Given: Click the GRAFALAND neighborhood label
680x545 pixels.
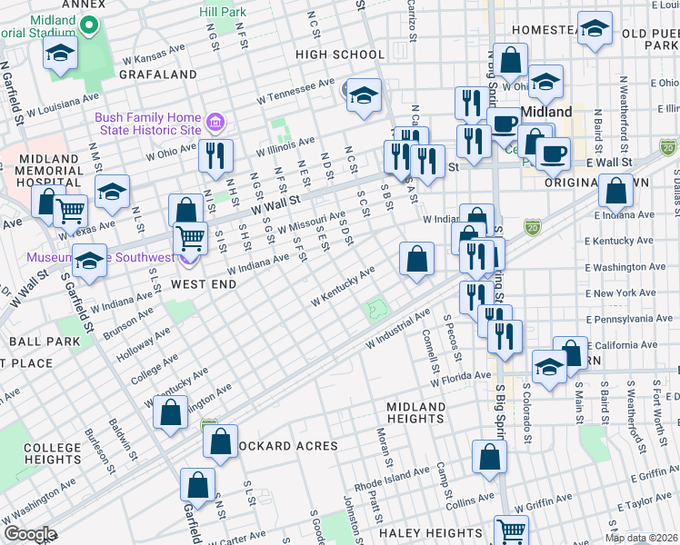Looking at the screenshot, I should tap(156, 74).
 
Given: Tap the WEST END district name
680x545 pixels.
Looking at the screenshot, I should tap(205, 284).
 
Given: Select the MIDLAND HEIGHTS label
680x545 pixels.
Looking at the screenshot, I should tap(415, 412).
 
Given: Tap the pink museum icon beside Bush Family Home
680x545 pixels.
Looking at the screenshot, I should tap(215, 122).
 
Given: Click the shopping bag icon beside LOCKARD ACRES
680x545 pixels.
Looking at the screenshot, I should tap(221, 442).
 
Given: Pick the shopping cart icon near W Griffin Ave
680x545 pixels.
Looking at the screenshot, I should tap(511, 530).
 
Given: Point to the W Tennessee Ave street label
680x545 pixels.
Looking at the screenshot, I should tap(296, 87).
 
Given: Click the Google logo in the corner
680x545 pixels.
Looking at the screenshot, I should tap(29, 534).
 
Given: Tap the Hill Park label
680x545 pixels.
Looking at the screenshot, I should tap(224, 13).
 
